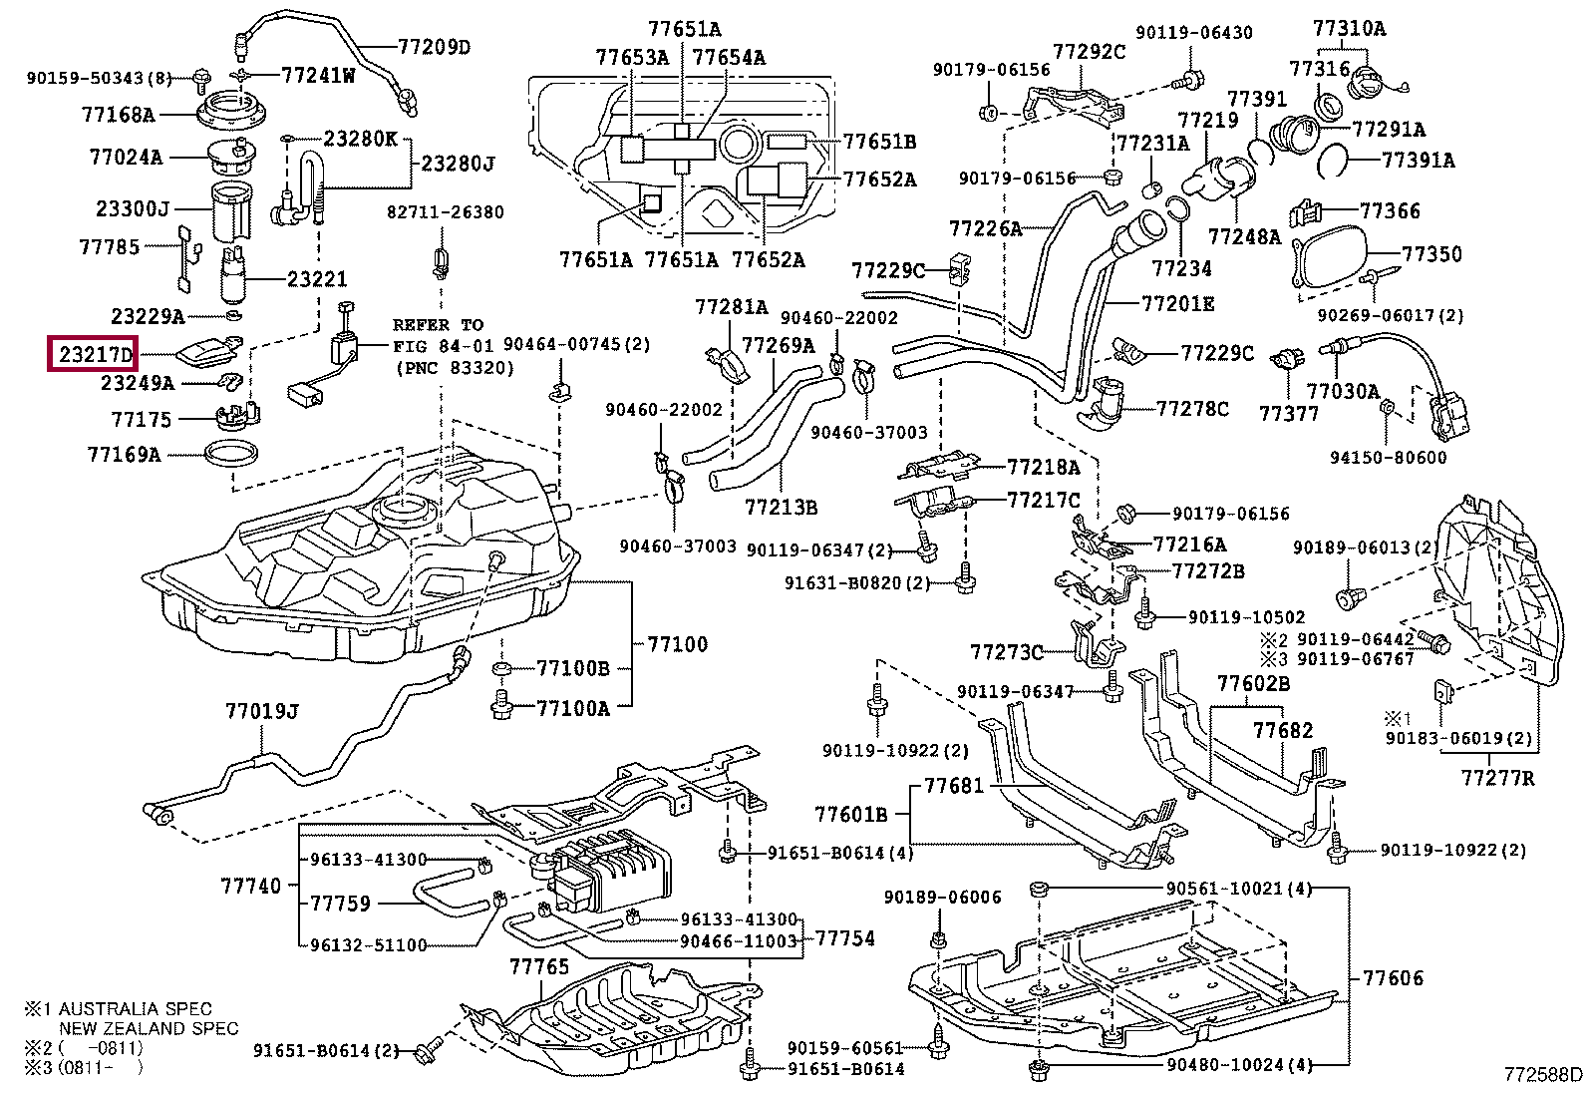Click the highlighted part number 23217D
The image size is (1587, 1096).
[95, 354]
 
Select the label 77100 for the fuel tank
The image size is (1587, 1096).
[677, 644]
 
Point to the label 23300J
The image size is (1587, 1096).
[133, 209]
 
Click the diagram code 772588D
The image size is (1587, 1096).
[1543, 1074]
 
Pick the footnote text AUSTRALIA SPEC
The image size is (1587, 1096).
[136, 1008]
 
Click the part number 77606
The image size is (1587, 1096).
[1393, 978]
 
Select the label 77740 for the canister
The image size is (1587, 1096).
[250, 886]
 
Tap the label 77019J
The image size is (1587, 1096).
[261, 711]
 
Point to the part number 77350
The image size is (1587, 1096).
[1431, 254]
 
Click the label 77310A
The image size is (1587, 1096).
[1349, 28]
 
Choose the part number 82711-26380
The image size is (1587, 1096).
[446, 212]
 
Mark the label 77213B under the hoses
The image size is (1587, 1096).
[781, 508]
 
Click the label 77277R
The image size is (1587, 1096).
[1497, 777]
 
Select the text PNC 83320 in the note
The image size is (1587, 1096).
[455, 368]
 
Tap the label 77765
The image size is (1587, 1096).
[538, 966]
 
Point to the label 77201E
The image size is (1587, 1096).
[1177, 303]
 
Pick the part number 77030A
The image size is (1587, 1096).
[1343, 392]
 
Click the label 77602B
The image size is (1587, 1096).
[1253, 683]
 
